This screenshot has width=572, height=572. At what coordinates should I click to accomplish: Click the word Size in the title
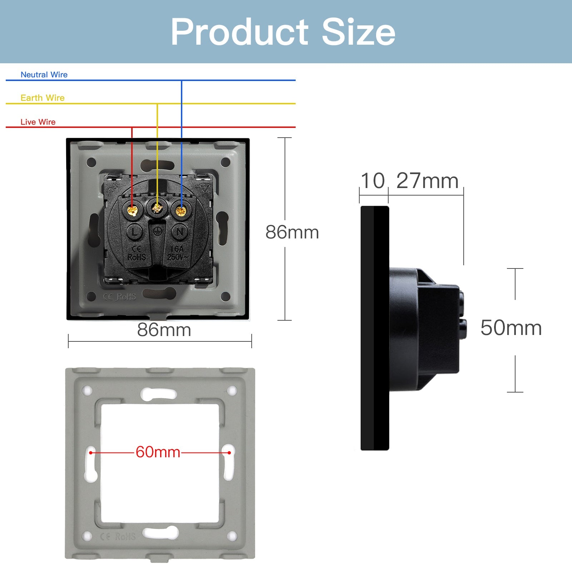click(x=358, y=32)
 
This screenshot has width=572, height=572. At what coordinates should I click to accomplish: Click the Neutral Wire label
click(x=44, y=75)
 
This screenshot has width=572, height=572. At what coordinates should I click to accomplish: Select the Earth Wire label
click(x=43, y=98)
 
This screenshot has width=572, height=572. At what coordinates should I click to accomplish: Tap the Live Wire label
click(x=38, y=122)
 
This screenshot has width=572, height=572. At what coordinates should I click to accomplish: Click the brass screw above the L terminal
click(x=133, y=211)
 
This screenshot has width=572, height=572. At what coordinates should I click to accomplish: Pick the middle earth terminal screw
click(x=157, y=208)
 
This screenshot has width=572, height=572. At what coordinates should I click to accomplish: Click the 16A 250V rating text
click(x=177, y=253)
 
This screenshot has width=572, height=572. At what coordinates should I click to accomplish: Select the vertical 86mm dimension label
click(x=292, y=232)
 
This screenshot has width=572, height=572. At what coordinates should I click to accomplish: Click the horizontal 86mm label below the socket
click(x=164, y=330)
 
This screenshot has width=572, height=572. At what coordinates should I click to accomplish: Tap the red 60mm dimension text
click(x=158, y=452)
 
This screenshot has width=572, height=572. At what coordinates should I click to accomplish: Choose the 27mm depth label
click(x=427, y=181)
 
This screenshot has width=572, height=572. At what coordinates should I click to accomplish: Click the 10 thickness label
click(x=373, y=181)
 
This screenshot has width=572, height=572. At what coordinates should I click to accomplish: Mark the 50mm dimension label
click(x=511, y=328)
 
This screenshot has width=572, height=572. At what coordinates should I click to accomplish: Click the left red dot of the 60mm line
click(x=91, y=453)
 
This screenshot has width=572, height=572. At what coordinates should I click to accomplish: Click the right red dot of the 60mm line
click(x=229, y=453)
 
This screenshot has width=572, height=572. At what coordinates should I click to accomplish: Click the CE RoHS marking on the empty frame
click(x=118, y=537)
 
